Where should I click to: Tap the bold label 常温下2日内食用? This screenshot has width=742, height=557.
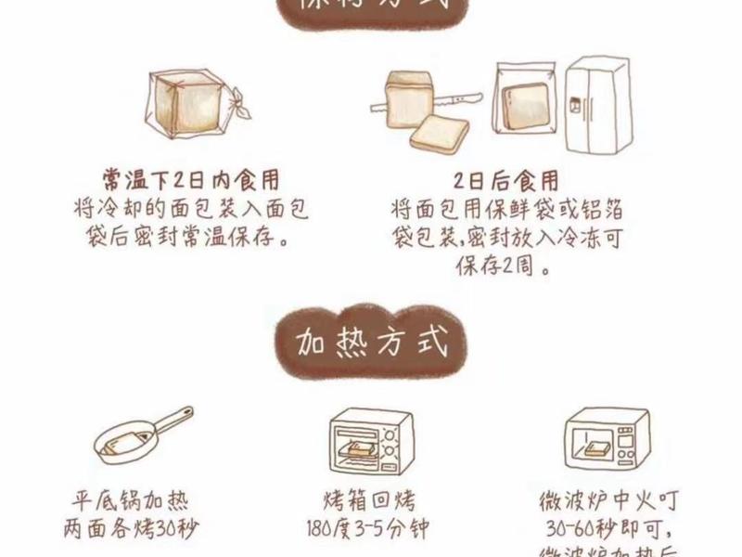(191, 179)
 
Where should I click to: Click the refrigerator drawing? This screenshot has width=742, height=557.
(597, 109)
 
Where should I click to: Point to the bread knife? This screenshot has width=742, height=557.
(460, 97)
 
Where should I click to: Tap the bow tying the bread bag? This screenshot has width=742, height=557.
(238, 104)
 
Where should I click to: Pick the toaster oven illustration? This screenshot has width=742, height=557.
(370, 444)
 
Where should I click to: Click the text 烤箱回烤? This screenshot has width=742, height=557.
(369, 502)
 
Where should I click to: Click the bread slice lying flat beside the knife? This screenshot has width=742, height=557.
(439, 132)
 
